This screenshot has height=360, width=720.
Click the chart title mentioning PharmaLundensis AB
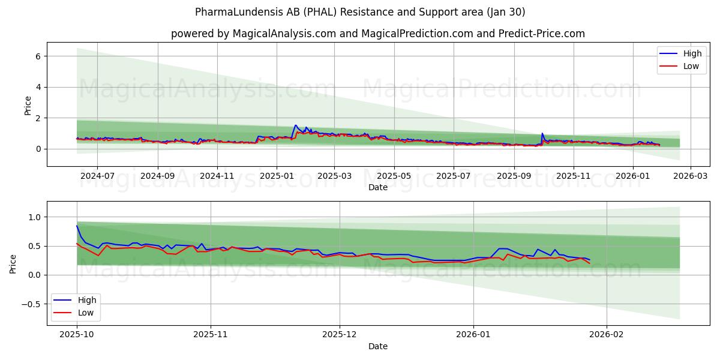click(360, 12)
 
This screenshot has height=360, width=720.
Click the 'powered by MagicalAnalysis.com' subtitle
click(378, 34)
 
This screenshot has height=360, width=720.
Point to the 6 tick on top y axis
click(37, 56)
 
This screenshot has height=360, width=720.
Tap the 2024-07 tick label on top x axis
click(97, 176)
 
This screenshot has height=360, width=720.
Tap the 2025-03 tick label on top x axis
click(334, 176)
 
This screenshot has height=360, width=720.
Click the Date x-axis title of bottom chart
click(378, 347)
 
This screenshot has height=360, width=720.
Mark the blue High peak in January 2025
click(295, 125)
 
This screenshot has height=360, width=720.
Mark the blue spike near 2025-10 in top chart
click(542, 133)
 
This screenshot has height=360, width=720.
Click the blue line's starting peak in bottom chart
click(77, 226)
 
